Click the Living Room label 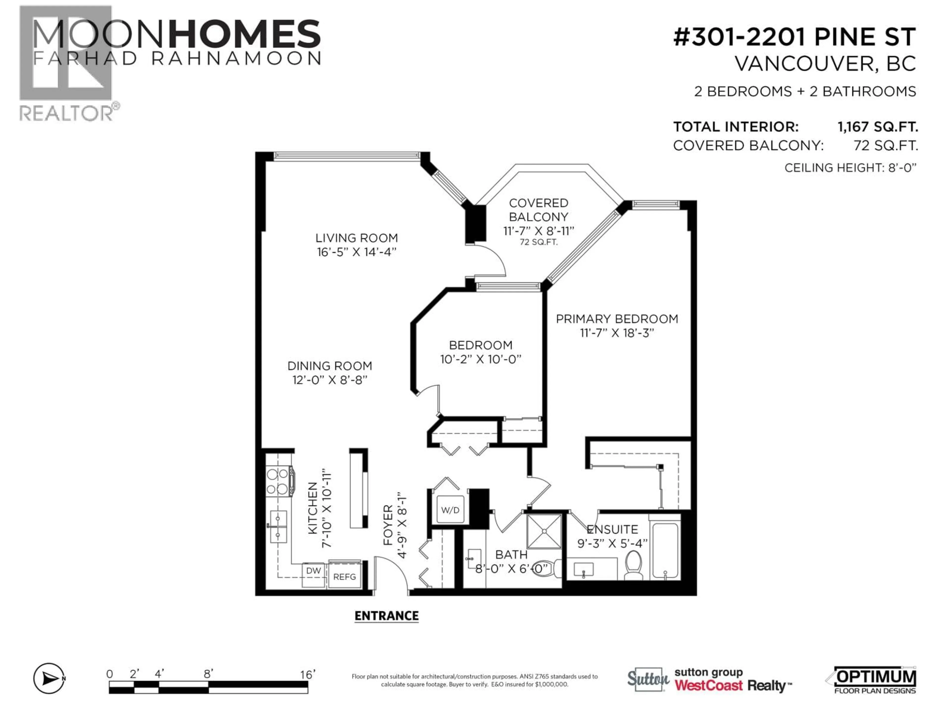[356, 238]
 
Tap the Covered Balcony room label [538, 210]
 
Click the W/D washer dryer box [450, 510]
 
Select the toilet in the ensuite [633, 565]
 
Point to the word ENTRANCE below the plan [387, 616]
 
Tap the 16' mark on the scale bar [308, 674]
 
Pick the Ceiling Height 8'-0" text [850, 168]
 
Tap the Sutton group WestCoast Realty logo [709, 680]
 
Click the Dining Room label [330, 366]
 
